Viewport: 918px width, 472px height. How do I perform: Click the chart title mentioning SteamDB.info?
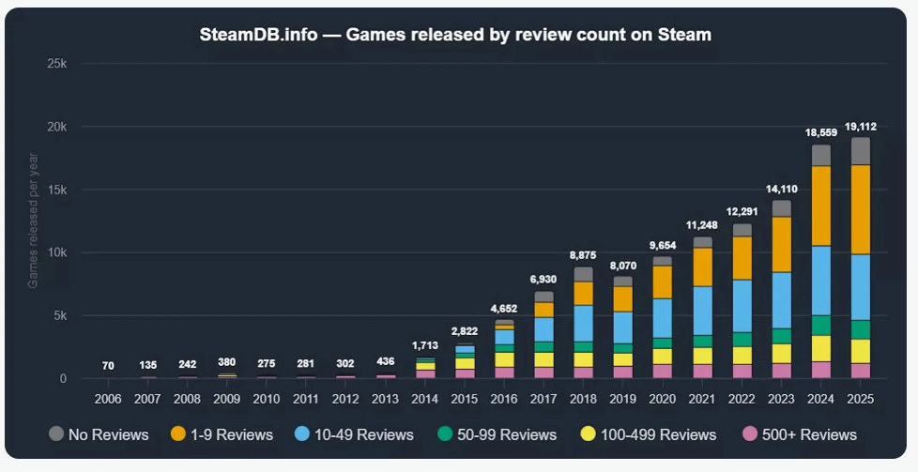(x=455, y=35)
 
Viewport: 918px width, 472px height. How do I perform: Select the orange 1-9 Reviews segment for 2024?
(x=821, y=206)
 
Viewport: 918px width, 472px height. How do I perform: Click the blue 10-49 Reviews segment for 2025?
(x=861, y=287)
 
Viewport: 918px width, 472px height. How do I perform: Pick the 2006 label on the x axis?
(x=109, y=398)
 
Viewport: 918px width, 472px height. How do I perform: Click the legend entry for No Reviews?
(x=99, y=434)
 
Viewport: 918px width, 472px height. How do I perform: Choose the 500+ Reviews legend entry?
(x=799, y=434)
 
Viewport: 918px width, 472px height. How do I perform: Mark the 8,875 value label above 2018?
(x=584, y=254)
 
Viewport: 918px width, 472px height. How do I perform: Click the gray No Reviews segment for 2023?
(x=782, y=208)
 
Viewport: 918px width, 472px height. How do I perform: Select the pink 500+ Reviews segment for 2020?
(x=663, y=371)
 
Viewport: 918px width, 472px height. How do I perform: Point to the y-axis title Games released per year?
(x=33, y=221)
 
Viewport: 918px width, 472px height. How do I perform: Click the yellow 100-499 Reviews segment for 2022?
(x=742, y=355)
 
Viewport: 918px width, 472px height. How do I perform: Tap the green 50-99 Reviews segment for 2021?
(x=703, y=341)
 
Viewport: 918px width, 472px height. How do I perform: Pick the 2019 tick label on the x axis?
(x=623, y=398)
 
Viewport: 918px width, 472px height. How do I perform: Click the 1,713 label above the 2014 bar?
(x=425, y=345)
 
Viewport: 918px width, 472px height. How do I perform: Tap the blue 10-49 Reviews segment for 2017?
(x=544, y=329)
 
